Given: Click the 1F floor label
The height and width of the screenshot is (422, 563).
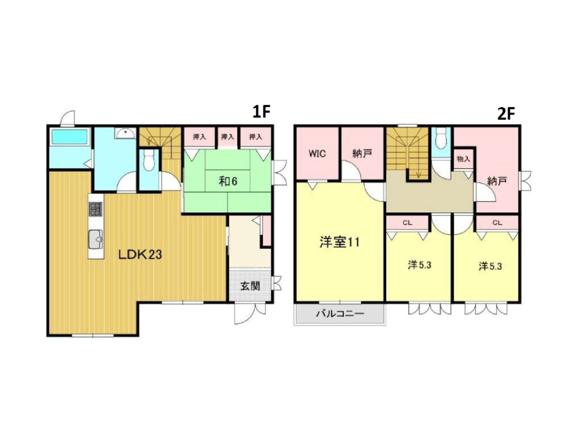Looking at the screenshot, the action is tap(262, 111).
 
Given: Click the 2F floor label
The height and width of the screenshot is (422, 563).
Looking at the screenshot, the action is tap(506, 114).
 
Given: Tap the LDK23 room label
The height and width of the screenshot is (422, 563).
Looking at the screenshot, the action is tap(140, 255).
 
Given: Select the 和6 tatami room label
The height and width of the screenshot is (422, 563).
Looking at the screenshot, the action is tap(228, 181).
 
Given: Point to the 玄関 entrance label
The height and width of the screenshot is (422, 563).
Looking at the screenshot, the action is tap(250, 286).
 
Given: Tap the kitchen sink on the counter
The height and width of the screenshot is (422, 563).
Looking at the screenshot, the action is tap(96, 239).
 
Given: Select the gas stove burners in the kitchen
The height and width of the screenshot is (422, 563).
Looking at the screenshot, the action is tap(96, 209).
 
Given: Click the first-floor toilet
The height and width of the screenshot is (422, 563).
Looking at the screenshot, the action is tap(149, 160).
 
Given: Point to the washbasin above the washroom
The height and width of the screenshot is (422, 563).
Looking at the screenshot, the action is tap(125, 133).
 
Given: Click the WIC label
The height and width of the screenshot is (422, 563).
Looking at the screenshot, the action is tap(317, 154).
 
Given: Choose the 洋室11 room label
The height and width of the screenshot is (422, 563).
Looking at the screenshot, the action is tap(340, 242).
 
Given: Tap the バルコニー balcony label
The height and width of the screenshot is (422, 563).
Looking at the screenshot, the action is tap(340, 313).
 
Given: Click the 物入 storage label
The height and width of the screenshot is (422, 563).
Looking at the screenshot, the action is tap(463, 159).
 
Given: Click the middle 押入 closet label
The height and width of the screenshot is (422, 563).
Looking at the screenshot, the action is tap(228, 137).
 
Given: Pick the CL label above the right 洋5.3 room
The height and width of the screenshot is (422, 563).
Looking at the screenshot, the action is tap(497, 223).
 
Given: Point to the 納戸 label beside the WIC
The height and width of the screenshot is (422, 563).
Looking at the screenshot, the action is tap(362, 153).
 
